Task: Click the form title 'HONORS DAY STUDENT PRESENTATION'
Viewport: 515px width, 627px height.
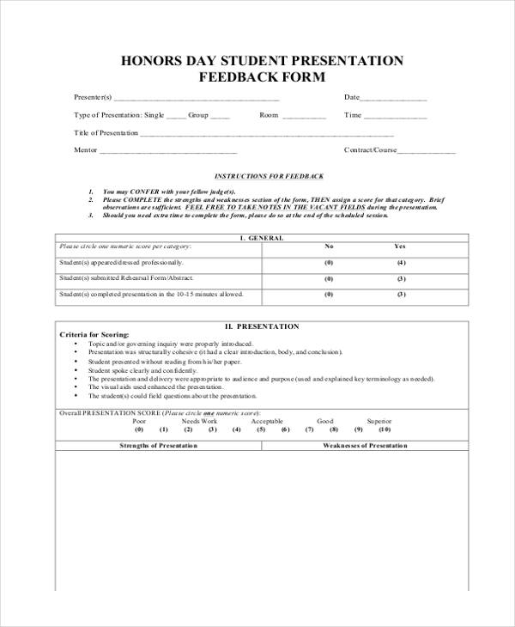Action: [262, 61]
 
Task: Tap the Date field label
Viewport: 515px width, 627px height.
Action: [352, 97]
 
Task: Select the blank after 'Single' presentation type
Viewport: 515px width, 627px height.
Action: [175, 117]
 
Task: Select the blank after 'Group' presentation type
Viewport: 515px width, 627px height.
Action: [220, 117]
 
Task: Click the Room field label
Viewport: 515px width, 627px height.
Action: [270, 114]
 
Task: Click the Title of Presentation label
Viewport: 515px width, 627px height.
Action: [106, 132]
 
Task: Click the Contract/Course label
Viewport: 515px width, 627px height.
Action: [370, 149]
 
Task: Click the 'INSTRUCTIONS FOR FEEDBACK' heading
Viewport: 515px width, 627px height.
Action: [269, 175]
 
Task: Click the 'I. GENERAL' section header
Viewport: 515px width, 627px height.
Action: [262, 238]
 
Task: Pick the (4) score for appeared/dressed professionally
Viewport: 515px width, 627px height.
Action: [401, 263]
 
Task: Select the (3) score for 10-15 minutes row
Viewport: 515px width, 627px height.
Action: [401, 295]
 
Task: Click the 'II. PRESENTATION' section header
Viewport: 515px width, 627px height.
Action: [262, 326]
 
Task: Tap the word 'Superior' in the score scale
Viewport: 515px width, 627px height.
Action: [379, 421]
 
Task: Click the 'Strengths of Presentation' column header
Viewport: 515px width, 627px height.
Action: [159, 446]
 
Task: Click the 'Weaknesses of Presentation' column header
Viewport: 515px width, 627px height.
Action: [365, 446]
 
